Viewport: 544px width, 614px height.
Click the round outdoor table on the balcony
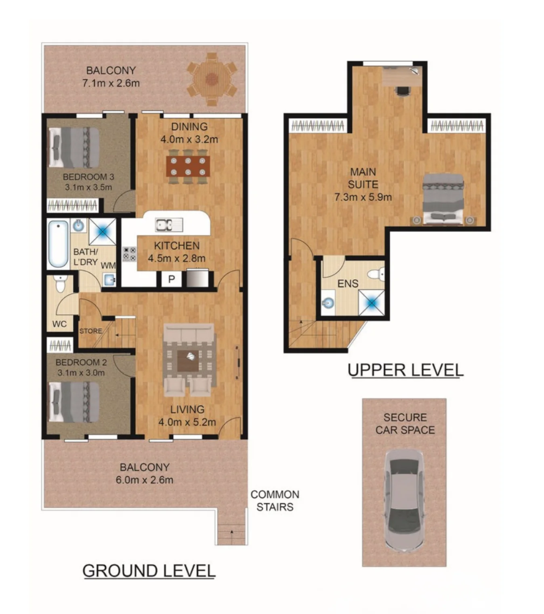coord(211,79)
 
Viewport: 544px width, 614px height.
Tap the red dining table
coord(188,166)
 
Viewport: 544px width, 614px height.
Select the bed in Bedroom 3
coord(74,147)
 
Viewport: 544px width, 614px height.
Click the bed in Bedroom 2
coord(74,402)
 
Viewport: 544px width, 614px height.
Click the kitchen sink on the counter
coord(168,225)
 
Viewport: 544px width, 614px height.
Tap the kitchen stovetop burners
coord(129,254)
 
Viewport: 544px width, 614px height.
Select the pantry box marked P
coord(171,279)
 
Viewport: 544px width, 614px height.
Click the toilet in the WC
coord(60,283)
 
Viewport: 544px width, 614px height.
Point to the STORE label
coord(90,331)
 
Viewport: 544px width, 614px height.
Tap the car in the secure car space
coord(404,500)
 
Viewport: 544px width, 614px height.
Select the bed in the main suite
coord(443,199)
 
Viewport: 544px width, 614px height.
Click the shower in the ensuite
coord(372,303)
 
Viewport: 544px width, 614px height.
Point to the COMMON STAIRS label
coord(275,500)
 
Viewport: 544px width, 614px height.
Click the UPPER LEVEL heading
coord(405,370)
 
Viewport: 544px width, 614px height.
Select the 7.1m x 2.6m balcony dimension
coord(111,83)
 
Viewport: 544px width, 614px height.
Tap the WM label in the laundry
coord(108,265)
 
